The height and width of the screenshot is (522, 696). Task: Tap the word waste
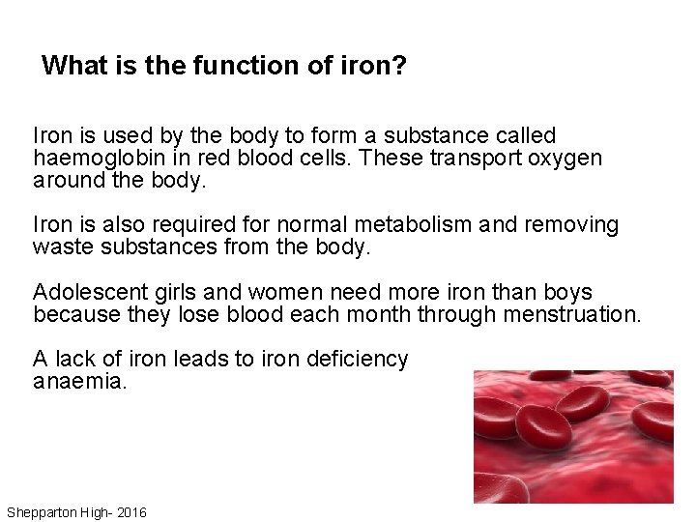[60, 246]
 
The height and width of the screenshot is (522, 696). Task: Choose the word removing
[569, 224]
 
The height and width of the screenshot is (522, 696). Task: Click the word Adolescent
[87, 292]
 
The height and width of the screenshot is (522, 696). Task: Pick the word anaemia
[78, 382]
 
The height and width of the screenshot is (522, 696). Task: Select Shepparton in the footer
[46, 511]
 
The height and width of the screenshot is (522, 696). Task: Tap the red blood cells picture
[573, 436]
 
